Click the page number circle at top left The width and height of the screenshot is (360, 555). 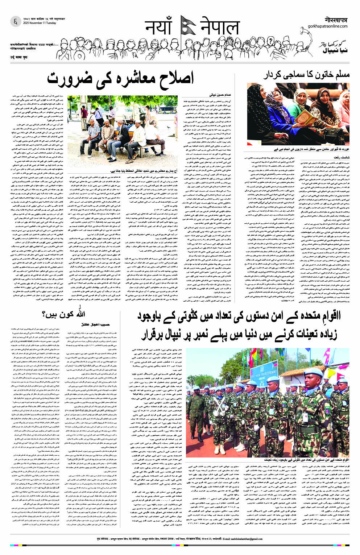tap(15, 22)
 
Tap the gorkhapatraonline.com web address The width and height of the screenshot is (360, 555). tap(327, 26)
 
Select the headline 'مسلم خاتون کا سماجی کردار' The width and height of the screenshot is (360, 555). tap(307, 75)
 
